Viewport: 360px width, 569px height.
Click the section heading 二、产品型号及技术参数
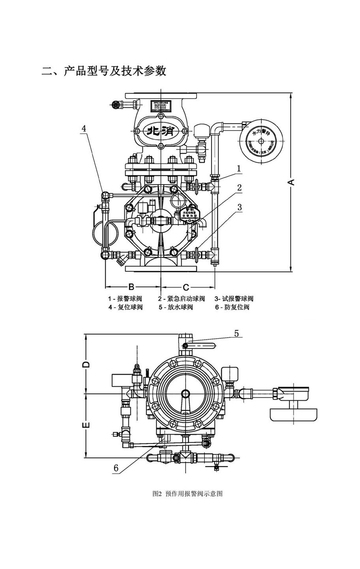104,71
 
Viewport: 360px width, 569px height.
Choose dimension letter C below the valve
186,286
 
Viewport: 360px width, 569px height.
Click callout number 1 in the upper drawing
239,168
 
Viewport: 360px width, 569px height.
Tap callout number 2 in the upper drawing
239,187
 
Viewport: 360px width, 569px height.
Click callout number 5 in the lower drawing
236,333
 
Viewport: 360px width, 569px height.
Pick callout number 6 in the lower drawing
116,468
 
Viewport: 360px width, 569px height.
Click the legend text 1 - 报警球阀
125,298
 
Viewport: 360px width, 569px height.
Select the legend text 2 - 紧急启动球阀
182,298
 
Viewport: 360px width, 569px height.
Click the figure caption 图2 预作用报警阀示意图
187,494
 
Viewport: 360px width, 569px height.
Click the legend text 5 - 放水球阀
176,307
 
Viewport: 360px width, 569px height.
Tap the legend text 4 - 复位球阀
125,307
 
